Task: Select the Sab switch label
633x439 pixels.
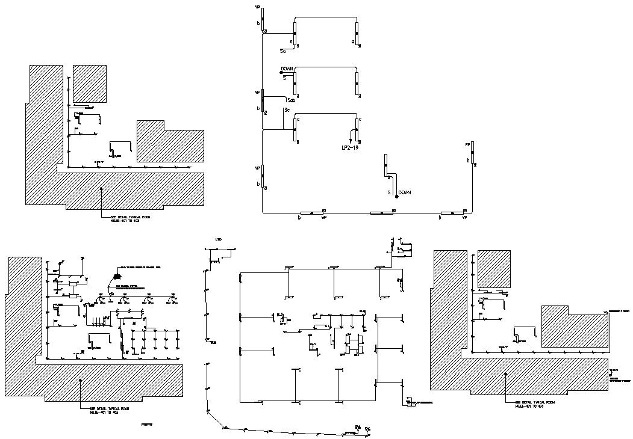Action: [x=291, y=100]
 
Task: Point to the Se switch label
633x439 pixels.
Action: [x=287, y=110]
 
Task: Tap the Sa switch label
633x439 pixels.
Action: [x=282, y=52]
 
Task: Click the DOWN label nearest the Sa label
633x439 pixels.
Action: [x=287, y=69]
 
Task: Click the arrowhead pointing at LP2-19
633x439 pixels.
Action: [x=352, y=140]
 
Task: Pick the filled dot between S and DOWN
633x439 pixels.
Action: [x=396, y=197]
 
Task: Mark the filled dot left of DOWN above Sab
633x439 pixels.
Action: [x=281, y=73]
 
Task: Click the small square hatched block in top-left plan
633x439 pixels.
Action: [x=90, y=84]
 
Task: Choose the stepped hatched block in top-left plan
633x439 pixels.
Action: [x=170, y=142]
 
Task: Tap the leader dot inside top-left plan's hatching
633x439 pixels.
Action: [x=101, y=188]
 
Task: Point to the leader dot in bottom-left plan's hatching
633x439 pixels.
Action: [x=81, y=380]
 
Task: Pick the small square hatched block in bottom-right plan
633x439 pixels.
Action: [x=494, y=268]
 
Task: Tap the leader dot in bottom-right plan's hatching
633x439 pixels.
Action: [x=506, y=373]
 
